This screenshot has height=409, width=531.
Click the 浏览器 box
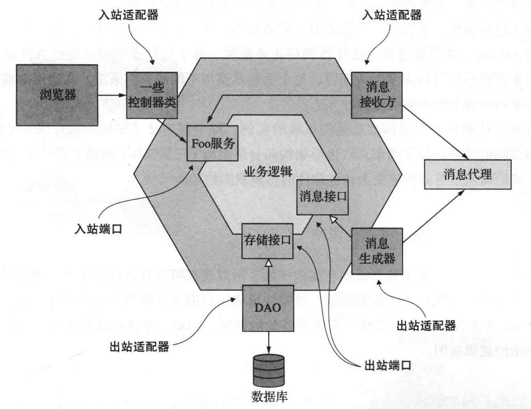click(57, 95)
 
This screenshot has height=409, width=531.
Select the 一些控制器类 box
click(152, 95)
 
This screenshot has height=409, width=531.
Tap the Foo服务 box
click(212, 143)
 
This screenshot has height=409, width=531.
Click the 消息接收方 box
click(377, 95)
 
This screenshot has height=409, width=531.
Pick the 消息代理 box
click(467, 174)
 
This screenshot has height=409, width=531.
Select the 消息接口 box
click(322, 197)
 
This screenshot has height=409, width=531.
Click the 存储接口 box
click(267, 240)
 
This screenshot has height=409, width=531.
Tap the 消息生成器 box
click(377, 251)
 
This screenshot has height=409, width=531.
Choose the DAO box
click(268, 308)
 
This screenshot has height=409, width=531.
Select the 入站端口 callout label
click(99, 229)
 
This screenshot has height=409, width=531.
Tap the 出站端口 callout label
click(388, 365)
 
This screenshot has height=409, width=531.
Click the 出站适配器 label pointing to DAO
click(140, 346)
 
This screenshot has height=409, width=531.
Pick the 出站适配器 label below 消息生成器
click(426, 325)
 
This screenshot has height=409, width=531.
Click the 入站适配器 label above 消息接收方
click(392, 15)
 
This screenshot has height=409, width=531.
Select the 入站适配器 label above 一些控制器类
click(128, 15)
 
